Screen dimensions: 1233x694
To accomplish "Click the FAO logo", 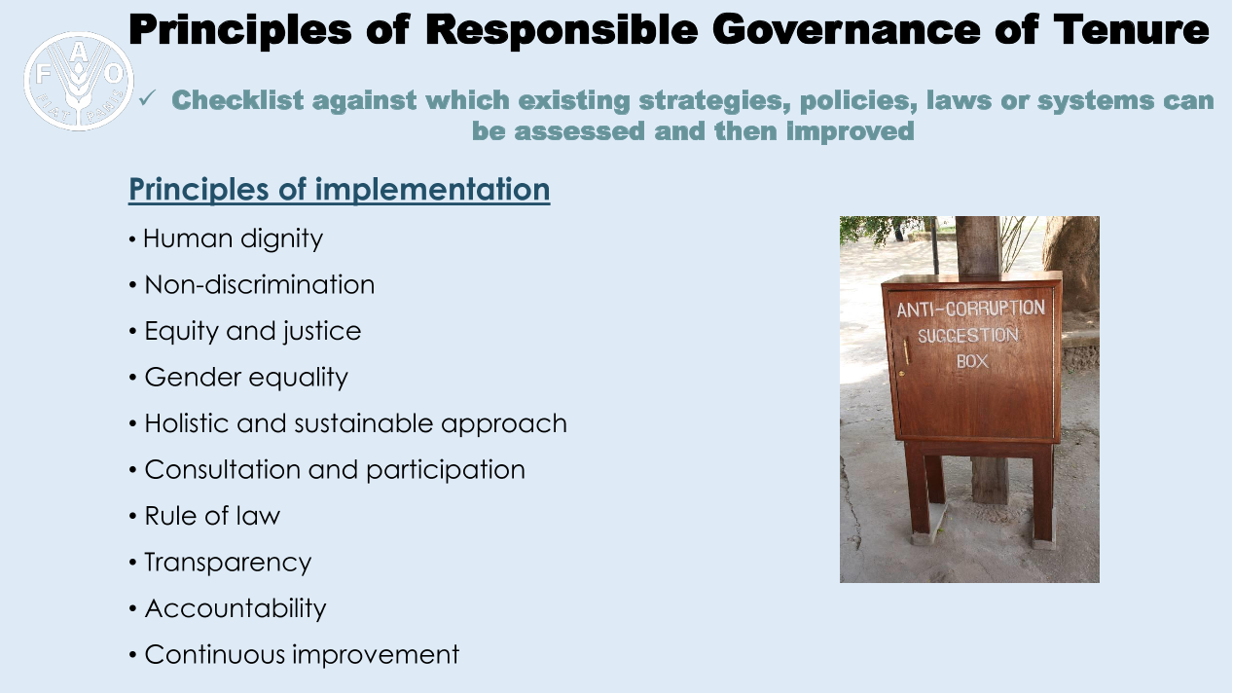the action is pos(79,81).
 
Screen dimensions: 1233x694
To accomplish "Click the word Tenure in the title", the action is pos(1131,30).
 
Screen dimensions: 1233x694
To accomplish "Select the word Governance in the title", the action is pos(847,30).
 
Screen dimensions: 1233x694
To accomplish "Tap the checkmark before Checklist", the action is pos(148,98).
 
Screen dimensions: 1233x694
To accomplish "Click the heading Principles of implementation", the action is pos(339,190).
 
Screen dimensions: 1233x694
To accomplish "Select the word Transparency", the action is pos(228,563).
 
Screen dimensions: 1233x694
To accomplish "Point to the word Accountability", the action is pos(236,608).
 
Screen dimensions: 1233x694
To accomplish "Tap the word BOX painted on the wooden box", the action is pos(972,361).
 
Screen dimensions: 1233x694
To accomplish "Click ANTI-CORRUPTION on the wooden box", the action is pos(970,309).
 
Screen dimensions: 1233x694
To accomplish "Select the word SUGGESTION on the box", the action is pos(967,335).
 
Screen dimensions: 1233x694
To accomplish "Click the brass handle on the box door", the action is pos(907,351).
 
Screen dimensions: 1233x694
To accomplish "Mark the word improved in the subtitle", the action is pos(850,131).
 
